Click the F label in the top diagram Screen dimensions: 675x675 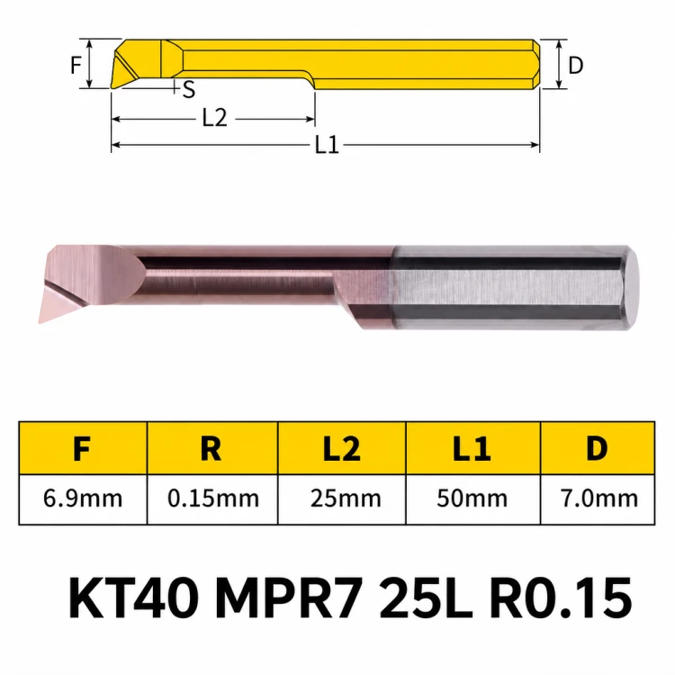(x=76, y=66)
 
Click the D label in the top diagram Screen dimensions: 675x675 (x=576, y=66)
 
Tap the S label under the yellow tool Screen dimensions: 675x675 (x=189, y=90)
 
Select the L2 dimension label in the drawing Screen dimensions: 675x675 (x=214, y=118)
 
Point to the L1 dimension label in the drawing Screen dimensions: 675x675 (x=327, y=145)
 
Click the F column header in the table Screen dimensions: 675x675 (x=82, y=448)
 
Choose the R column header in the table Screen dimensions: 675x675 (x=211, y=448)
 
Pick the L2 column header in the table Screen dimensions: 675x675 (x=342, y=448)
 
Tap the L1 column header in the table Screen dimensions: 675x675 (x=472, y=448)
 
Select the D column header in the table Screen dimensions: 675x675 (x=597, y=448)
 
